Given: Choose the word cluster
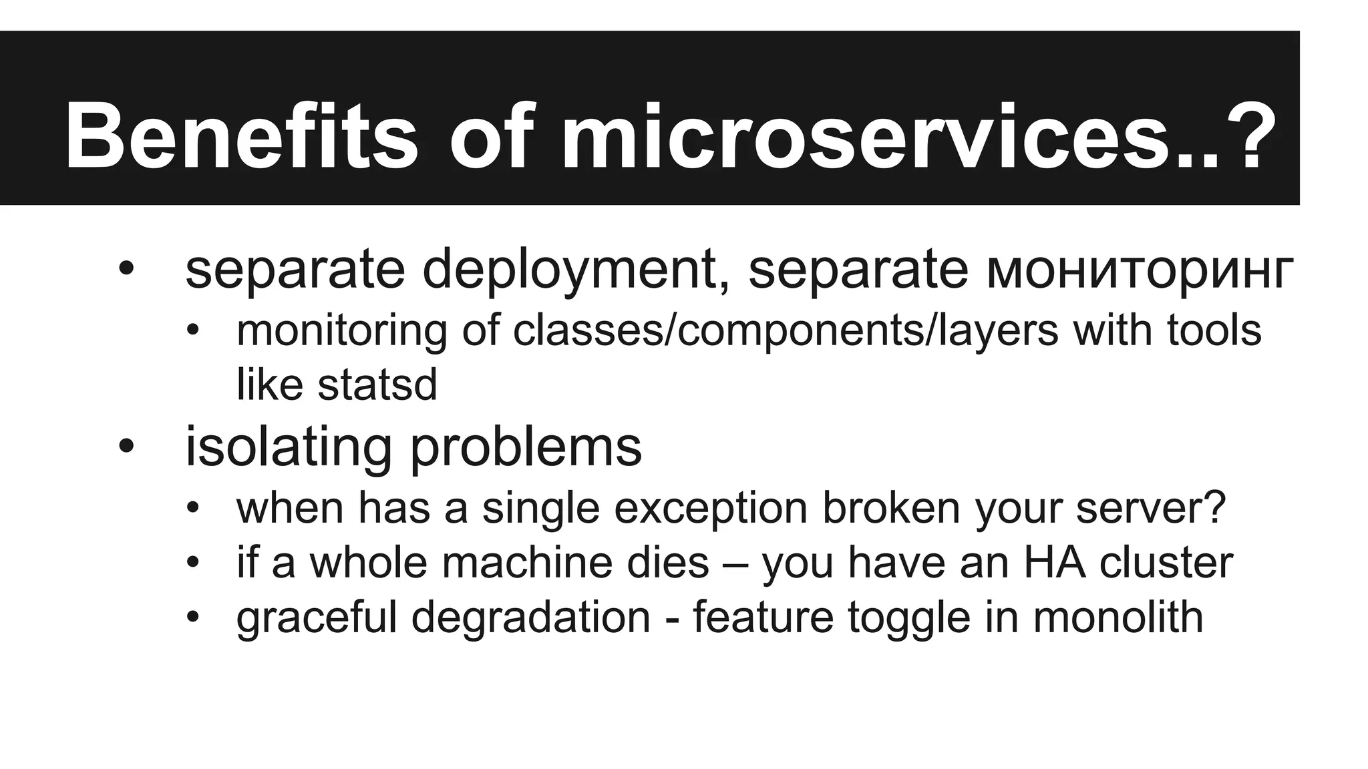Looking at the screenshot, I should tap(1166, 562).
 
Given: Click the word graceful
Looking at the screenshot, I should tap(317, 617).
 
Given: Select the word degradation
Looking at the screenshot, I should tap(530, 617).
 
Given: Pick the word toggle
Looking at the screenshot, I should tap(909, 617).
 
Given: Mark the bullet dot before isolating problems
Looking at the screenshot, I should tap(126, 447).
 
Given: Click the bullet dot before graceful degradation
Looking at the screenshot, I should tap(193, 617).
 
